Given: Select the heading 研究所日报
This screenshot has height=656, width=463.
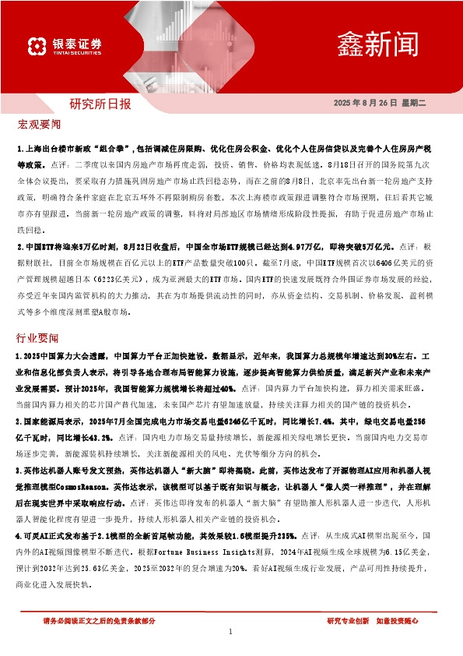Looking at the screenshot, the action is click(x=100, y=103).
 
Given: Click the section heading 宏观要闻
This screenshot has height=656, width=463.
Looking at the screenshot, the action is click(x=38, y=125).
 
